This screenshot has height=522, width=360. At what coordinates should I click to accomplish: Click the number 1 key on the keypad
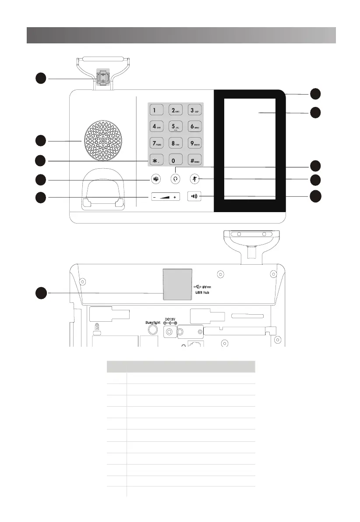[x=155, y=110]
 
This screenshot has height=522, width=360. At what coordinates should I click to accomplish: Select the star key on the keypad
[x=155, y=160]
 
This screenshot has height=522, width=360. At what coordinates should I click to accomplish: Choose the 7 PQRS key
[x=155, y=143]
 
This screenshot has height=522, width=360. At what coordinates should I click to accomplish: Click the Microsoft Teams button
[x=155, y=179]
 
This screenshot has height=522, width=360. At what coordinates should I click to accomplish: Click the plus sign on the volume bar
[x=175, y=197]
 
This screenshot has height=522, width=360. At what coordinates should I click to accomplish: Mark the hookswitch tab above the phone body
[x=103, y=78]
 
